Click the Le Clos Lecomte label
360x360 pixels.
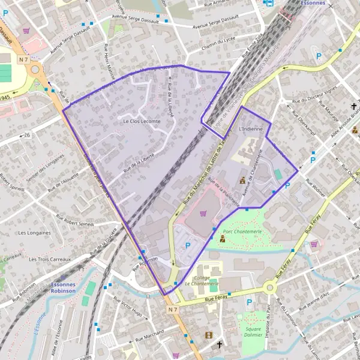(142, 121)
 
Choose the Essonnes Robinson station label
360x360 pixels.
(63, 289)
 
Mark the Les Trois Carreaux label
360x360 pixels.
(49, 259)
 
